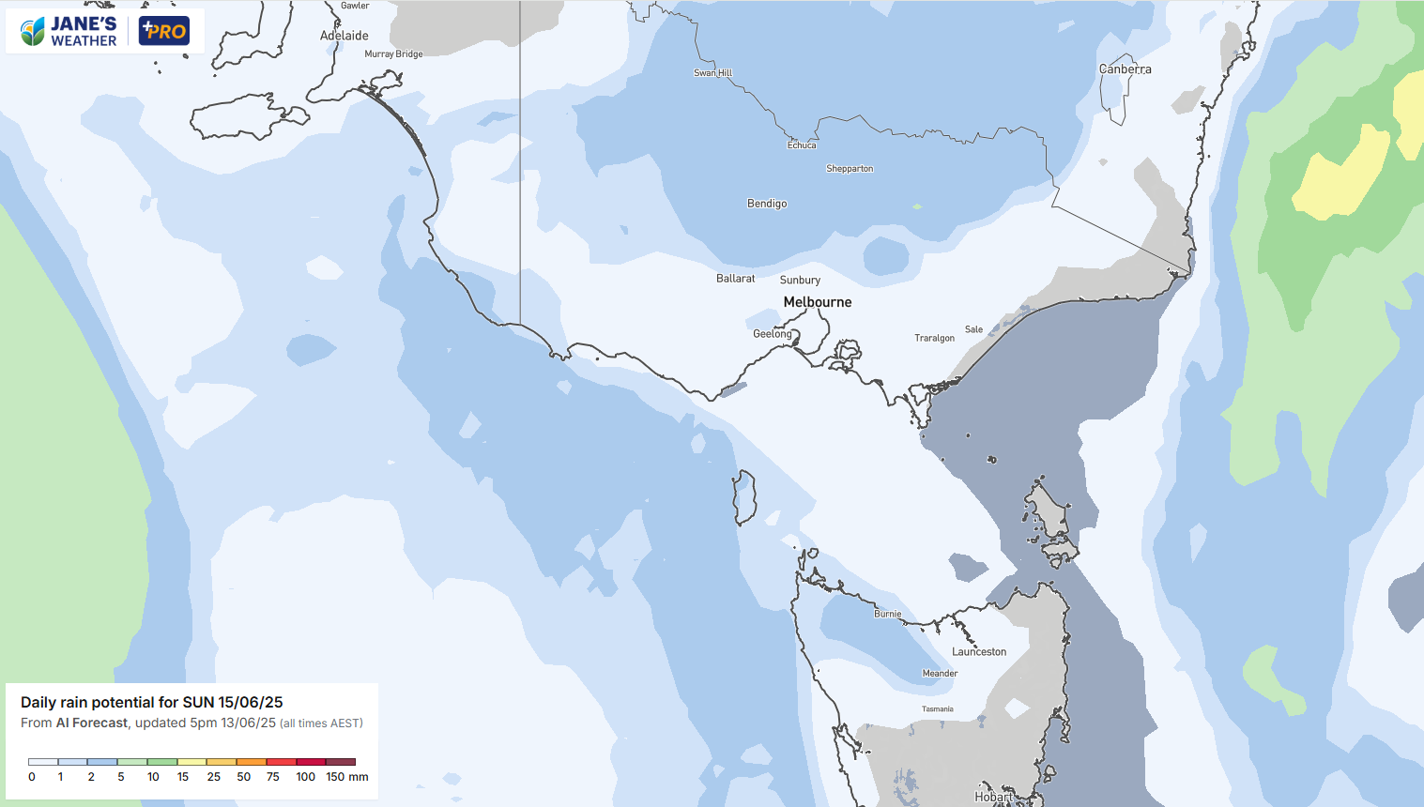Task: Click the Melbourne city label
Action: point(818,302)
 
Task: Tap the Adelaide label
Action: point(345,36)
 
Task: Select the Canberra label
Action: point(1125,69)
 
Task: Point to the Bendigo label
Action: point(767,204)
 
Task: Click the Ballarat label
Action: point(735,279)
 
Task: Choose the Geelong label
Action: point(773,334)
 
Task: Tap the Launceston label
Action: point(978,652)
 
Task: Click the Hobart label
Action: point(993,797)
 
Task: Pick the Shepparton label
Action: point(850,169)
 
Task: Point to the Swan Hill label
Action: point(712,73)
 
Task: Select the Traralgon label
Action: point(934,338)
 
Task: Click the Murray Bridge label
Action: point(393,54)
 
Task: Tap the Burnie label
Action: point(887,615)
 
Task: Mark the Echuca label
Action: point(802,145)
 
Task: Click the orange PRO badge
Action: point(164,31)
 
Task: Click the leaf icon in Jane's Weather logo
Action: point(33,32)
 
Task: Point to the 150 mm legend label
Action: point(346,777)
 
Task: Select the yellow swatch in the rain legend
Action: point(191,762)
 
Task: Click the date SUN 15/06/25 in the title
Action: point(233,702)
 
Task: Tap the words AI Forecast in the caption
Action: point(92,723)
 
